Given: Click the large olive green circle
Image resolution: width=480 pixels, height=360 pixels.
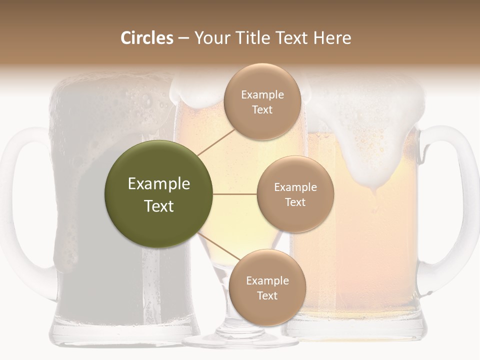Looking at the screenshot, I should pyautogui.click(x=158, y=194).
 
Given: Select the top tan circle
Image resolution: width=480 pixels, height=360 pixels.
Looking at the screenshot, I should pyautogui.click(x=262, y=101).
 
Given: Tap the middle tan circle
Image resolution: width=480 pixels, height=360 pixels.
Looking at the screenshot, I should pyautogui.click(x=295, y=194).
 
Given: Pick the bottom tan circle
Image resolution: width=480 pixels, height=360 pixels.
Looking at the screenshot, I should pyautogui.click(x=267, y=287).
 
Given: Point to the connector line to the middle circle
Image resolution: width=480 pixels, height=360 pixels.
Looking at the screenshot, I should pyautogui.click(x=235, y=194).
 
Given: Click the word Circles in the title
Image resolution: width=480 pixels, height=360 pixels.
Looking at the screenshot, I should pyautogui.click(x=147, y=38).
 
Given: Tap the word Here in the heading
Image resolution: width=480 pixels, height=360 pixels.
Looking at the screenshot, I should pyautogui.click(x=332, y=38).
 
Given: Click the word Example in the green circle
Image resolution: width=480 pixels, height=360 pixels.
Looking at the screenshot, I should pyautogui.click(x=159, y=184).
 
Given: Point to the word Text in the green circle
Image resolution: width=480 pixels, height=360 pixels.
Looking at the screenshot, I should pyautogui.click(x=159, y=206).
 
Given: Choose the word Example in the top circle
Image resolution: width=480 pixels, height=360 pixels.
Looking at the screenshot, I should pyautogui.click(x=262, y=94).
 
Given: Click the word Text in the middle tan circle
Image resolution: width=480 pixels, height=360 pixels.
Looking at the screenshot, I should pyautogui.click(x=295, y=202).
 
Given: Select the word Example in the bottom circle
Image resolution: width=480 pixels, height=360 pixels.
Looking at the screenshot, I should pyautogui.click(x=267, y=280).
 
